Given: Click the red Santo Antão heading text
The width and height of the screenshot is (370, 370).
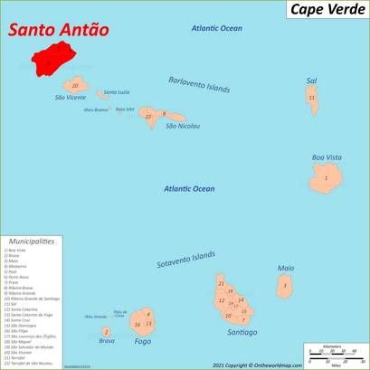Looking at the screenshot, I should [x=59, y=30].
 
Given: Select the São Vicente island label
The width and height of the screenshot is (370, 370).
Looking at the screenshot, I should [x=70, y=96].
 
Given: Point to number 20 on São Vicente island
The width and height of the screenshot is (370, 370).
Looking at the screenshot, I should [x=75, y=85].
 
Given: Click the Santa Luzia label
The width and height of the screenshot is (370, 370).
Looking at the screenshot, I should [x=117, y=92].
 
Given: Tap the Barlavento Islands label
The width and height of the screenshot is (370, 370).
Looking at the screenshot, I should [x=199, y=85].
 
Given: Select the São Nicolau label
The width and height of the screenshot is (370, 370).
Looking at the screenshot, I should [x=183, y=126].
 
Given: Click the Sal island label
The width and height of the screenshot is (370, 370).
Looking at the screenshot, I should [x=311, y=81].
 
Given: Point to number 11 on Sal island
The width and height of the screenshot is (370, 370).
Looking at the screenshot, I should [x=312, y=98].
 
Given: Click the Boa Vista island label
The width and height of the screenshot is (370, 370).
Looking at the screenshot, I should [x=327, y=157].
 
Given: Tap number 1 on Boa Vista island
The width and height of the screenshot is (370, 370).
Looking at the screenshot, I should [x=325, y=177].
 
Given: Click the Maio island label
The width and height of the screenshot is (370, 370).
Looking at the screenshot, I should [x=286, y=268].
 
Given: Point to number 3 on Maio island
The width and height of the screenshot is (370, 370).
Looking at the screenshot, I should [x=285, y=286].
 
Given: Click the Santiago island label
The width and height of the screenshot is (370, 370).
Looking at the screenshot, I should [x=242, y=332].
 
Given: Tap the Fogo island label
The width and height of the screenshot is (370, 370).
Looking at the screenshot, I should [x=142, y=341].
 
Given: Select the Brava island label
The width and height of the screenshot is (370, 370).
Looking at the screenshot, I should [x=107, y=341].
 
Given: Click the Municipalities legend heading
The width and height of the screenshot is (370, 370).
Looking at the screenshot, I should [x=32, y=242].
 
